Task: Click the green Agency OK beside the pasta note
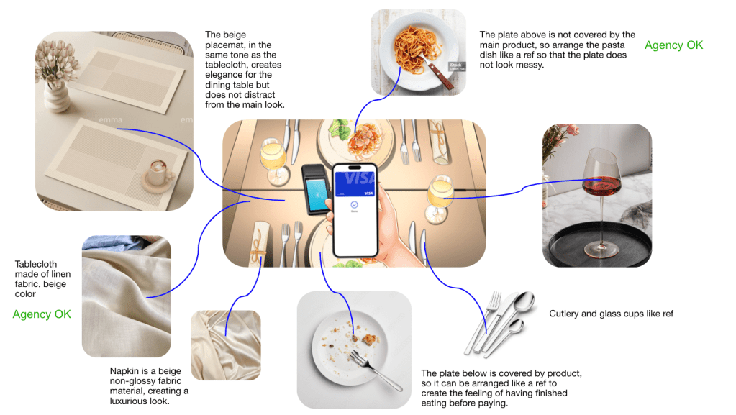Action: click(x=673, y=45)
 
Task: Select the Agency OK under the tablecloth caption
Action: click(x=42, y=314)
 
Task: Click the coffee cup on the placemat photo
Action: click(x=158, y=175)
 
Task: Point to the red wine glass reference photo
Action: click(x=597, y=196)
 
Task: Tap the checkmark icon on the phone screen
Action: click(x=355, y=205)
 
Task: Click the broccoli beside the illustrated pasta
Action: click(x=339, y=129)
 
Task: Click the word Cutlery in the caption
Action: click(x=564, y=314)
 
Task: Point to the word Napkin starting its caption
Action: click(x=124, y=371)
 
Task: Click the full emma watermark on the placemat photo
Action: click(x=111, y=120)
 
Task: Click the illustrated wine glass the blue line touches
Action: click(x=439, y=198)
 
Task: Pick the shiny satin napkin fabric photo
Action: click(x=226, y=345)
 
